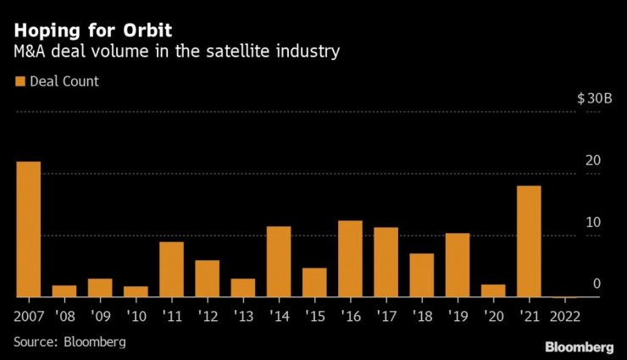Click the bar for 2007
[29, 230]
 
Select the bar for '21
[529, 241]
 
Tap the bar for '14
[279, 262]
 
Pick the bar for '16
[350, 259]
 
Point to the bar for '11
[172, 269]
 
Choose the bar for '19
[458, 265]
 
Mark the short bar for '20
[493, 291]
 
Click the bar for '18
[422, 275]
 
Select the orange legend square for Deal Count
[19, 82]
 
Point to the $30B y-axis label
[594, 99]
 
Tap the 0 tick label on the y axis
[596, 284]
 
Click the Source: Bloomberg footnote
[69, 342]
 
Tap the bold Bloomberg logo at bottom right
[579, 347]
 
